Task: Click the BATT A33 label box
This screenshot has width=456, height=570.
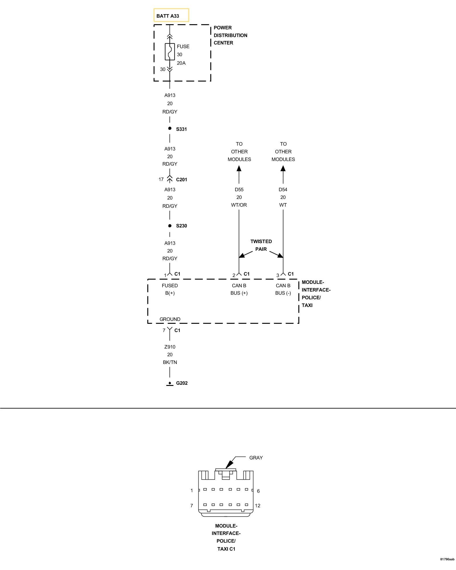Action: coord(171,15)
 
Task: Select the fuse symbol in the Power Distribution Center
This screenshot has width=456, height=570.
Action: coord(170,52)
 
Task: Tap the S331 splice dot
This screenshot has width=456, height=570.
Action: coord(170,129)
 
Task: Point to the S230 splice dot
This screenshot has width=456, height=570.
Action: coord(170,226)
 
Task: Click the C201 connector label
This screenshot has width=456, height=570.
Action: coord(182,180)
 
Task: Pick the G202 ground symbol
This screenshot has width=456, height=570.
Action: coord(170,384)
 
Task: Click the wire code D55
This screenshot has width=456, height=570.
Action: coord(239,190)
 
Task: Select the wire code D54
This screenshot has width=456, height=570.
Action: coord(283,190)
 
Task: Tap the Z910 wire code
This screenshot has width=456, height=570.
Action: coord(170,347)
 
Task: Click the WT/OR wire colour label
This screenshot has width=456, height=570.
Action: coord(239,205)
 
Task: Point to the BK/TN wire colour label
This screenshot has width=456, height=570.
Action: coord(170,362)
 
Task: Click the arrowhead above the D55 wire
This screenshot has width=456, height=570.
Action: coord(239,168)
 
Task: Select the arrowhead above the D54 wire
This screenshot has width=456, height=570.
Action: coord(283,168)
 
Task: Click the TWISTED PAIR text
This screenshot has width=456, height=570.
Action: coord(261,245)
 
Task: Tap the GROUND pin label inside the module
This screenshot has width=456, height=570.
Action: coord(170,319)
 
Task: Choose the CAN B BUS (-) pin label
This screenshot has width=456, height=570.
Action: coord(283,289)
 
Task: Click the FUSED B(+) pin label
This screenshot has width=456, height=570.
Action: coord(170,289)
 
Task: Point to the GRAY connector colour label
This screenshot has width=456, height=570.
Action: coord(256,458)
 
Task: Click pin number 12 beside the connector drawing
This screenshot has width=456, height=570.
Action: coord(258,506)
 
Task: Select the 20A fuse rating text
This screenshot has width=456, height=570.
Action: coord(181,63)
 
